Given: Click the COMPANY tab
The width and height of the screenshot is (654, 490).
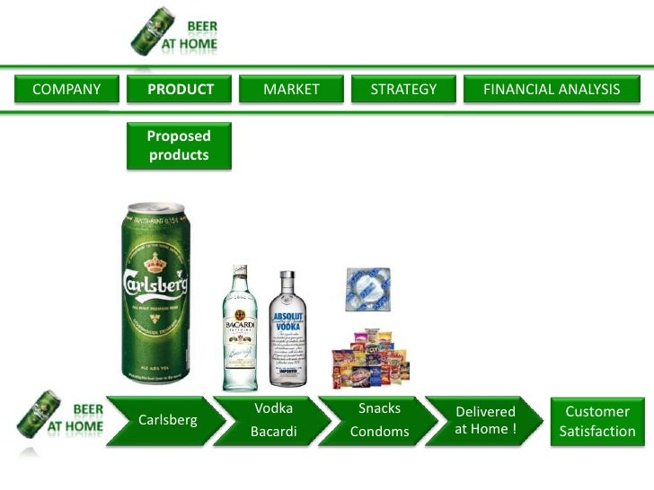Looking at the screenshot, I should [66, 89].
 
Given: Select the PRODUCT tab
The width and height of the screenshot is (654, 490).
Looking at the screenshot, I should [181, 89].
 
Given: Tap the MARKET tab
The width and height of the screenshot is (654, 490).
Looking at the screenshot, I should [291, 89].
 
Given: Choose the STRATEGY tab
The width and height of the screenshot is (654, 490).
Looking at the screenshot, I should [404, 89].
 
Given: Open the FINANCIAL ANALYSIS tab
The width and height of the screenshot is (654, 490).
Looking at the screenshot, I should [552, 89].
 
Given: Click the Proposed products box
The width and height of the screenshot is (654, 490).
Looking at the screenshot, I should [179, 145].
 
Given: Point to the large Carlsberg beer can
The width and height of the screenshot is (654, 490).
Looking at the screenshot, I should [159, 292].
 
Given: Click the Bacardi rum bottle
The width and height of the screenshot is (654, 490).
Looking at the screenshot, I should [240, 328].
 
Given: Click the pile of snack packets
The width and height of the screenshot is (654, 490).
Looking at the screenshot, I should [371, 357].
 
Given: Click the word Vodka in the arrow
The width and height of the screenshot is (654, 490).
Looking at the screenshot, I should [273, 408].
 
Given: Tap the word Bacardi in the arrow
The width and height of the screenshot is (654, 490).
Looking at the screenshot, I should [273, 432].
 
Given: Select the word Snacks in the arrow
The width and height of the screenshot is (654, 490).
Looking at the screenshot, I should [379, 408].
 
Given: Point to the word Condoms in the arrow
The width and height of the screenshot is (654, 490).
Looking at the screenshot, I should [379, 432].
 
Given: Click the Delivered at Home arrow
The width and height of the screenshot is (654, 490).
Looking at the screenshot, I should [485, 420].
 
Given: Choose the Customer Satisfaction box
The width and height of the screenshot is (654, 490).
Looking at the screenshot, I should [597, 421].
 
